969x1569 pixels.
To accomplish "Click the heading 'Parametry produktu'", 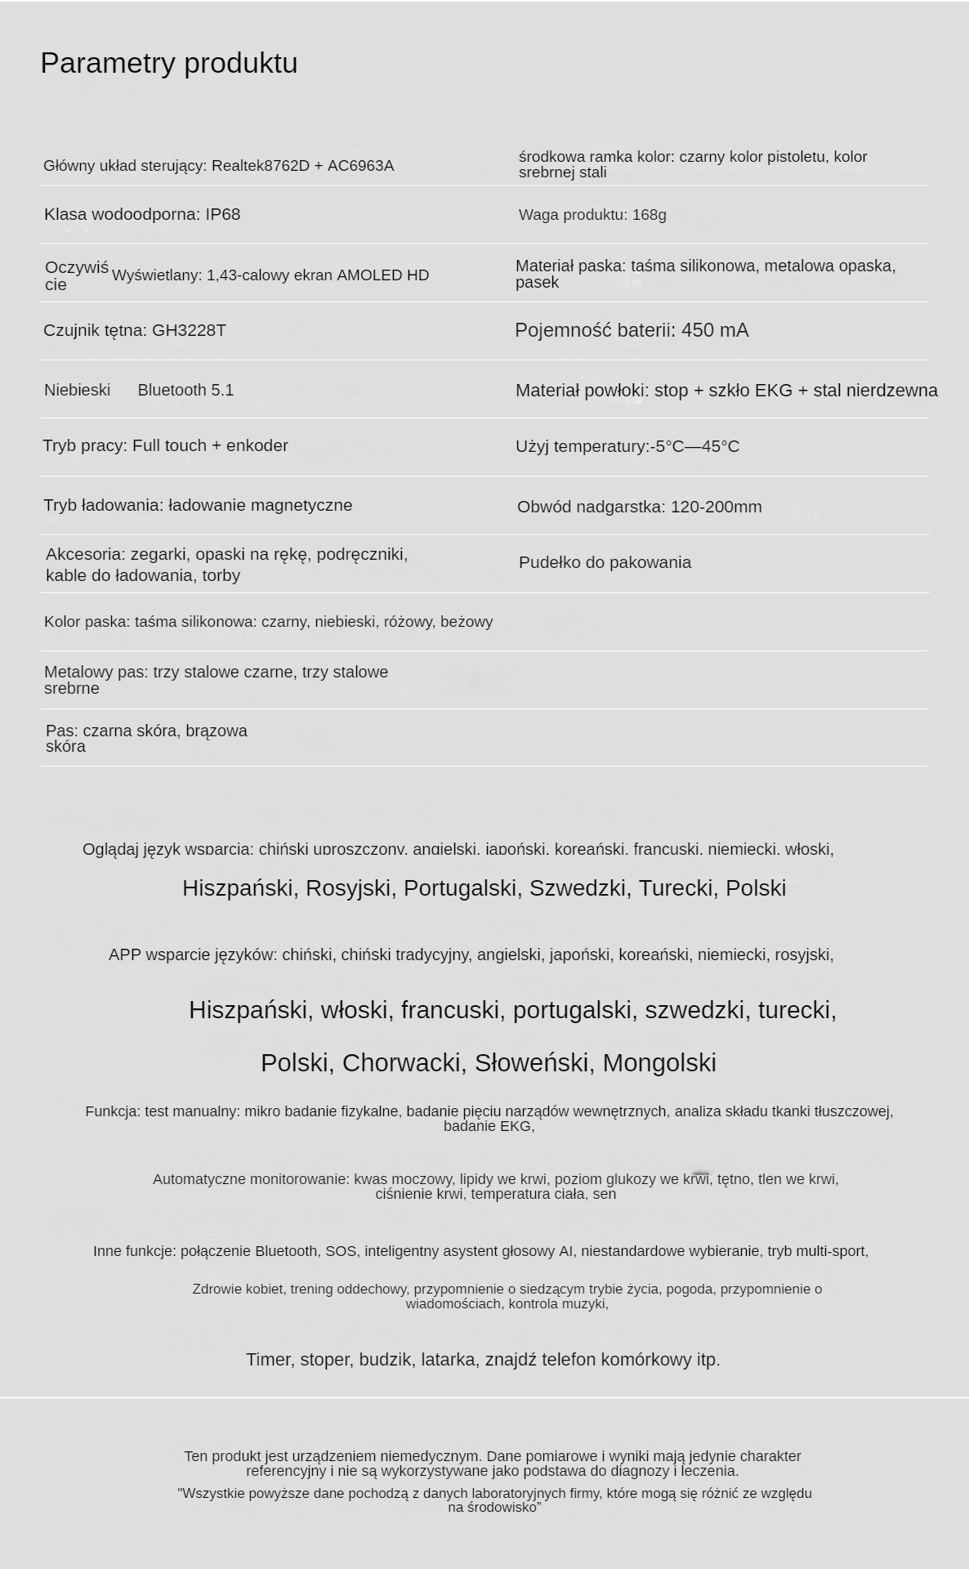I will tap(168, 63).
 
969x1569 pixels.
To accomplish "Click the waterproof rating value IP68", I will tap(222, 214).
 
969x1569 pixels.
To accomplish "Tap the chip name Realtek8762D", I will tap(261, 166).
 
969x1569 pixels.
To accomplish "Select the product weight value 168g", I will tap(649, 215).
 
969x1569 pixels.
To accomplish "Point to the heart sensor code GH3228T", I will tap(189, 330).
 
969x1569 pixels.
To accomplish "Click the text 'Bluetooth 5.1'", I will tap(185, 390).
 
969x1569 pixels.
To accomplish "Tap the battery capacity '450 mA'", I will tap(714, 330).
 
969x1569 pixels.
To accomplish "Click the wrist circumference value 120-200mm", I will tap(716, 507).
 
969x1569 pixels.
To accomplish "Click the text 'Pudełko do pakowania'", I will tap(605, 562).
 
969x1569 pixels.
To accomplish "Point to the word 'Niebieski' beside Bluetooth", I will tap(77, 390).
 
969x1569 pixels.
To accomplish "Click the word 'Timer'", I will tap(269, 1360).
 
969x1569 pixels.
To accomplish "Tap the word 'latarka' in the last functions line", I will tap(448, 1360).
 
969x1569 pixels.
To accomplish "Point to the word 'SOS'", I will tap(342, 1251).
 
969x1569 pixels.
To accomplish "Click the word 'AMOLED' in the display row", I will tap(365, 275).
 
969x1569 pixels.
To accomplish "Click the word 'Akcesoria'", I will tap(85, 554).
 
